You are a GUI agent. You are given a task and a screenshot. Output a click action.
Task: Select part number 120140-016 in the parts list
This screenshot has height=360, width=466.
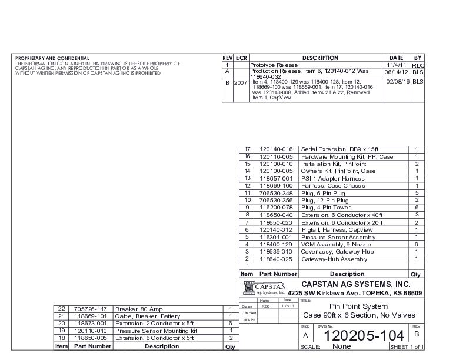click(x=276, y=150)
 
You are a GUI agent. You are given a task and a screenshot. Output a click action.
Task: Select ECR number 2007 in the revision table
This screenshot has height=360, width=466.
click(x=241, y=83)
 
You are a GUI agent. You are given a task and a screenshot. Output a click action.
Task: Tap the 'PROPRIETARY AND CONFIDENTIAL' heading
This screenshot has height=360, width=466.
click(x=52, y=58)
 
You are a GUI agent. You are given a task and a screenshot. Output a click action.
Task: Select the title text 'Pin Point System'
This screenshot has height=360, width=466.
click(x=358, y=306)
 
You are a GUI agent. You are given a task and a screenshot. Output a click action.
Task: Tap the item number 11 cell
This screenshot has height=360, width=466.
click(x=248, y=193)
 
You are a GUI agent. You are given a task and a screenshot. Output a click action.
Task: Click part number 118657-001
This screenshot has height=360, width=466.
click(x=276, y=178)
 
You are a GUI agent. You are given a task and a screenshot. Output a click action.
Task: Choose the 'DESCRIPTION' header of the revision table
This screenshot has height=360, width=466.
click(x=320, y=58)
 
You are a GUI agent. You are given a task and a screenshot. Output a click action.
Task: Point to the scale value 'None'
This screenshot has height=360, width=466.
click(x=342, y=347)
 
